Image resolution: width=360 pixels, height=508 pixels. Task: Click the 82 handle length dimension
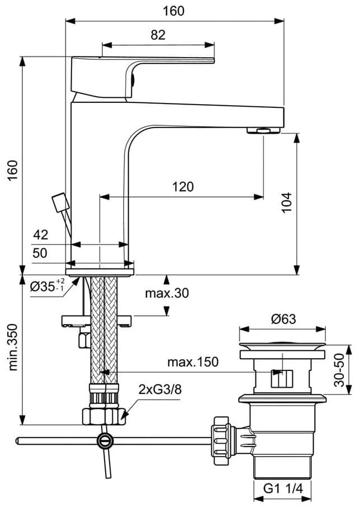[x=158, y=35]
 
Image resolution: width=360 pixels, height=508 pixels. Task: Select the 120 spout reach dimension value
[x=183, y=187]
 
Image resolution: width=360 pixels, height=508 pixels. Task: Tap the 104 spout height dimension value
[x=287, y=203]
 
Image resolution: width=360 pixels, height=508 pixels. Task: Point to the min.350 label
[x=13, y=347]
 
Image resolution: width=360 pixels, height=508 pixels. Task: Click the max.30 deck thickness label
[x=167, y=293]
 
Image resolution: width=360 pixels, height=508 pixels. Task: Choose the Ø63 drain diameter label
[x=283, y=319]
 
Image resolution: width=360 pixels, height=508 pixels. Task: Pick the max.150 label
[x=193, y=361]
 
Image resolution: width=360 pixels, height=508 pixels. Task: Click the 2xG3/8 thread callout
[x=160, y=389]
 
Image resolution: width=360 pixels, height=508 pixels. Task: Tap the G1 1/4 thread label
[x=283, y=488]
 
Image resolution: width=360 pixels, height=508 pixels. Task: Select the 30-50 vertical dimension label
[x=339, y=370]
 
